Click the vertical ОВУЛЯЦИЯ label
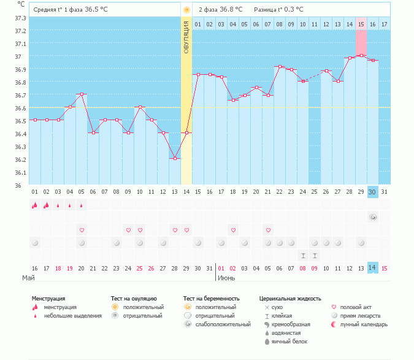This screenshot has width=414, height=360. [x=186, y=37]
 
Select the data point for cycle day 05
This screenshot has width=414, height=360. [x=82, y=94]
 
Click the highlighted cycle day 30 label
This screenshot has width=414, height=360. [x=372, y=192]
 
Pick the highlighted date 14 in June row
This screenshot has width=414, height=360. [x=372, y=268]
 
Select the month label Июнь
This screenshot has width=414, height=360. [x=226, y=278]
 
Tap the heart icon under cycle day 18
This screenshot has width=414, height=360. [x=233, y=230]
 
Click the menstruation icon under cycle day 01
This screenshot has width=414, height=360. [x=35, y=205]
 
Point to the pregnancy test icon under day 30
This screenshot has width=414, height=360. [x=372, y=217]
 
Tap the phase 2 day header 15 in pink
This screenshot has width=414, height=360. [x=361, y=24]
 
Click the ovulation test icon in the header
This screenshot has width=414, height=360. [x=186, y=10]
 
